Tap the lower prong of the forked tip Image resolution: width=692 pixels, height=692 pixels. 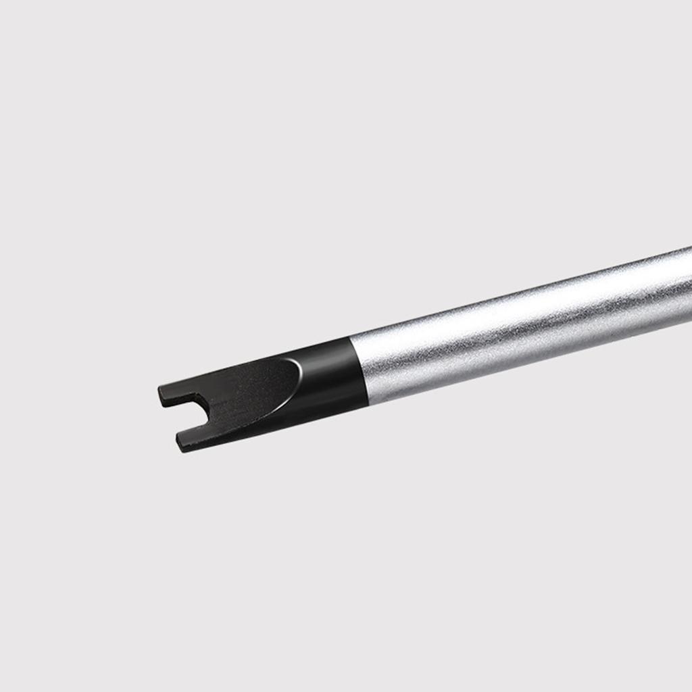pos(193,440)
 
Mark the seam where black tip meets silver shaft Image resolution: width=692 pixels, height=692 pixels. pos(359,372)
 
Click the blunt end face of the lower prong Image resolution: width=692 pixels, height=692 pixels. pos(179,443)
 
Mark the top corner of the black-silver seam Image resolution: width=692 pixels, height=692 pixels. pos(350,338)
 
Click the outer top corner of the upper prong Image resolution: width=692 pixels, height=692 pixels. pos(160,388)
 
